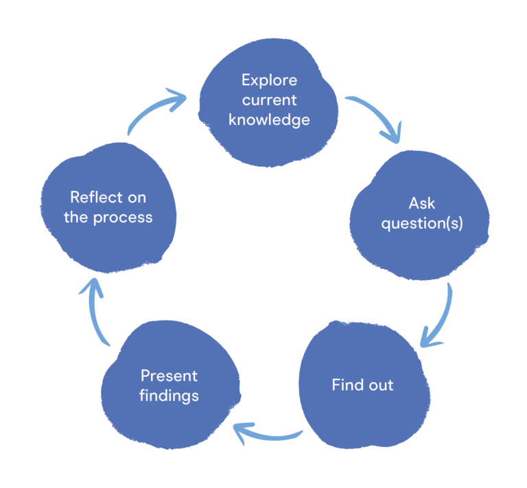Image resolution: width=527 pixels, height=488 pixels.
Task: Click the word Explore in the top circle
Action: (269, 80)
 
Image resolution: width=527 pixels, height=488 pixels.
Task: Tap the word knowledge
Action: (269, 120)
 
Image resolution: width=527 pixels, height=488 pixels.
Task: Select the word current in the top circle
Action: (269, 100)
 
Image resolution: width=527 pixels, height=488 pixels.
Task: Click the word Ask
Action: (422, 203)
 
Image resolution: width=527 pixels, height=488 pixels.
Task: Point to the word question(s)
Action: (422, 224)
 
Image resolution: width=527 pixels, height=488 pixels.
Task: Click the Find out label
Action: (362, 385)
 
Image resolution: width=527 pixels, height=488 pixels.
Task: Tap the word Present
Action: (169, 375)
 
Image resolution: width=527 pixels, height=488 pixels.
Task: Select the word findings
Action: (169, 396)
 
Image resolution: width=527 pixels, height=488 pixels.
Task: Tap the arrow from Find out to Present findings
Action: (268, 434)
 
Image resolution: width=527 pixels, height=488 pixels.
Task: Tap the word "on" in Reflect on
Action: (137, 198)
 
